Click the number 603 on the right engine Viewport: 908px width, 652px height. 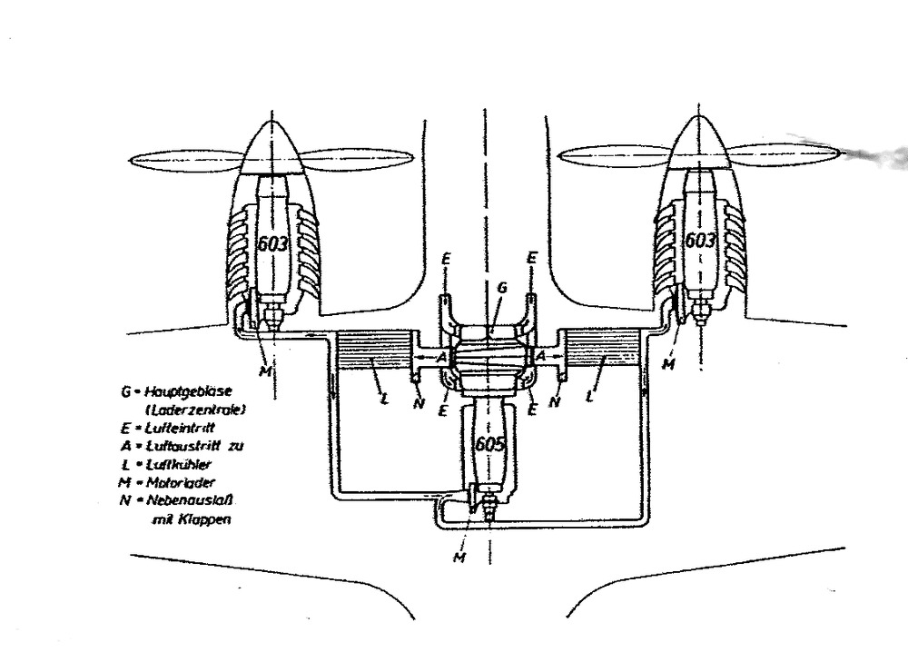700,241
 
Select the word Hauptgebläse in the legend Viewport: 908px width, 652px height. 177,393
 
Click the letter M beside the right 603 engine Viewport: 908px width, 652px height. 670,364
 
